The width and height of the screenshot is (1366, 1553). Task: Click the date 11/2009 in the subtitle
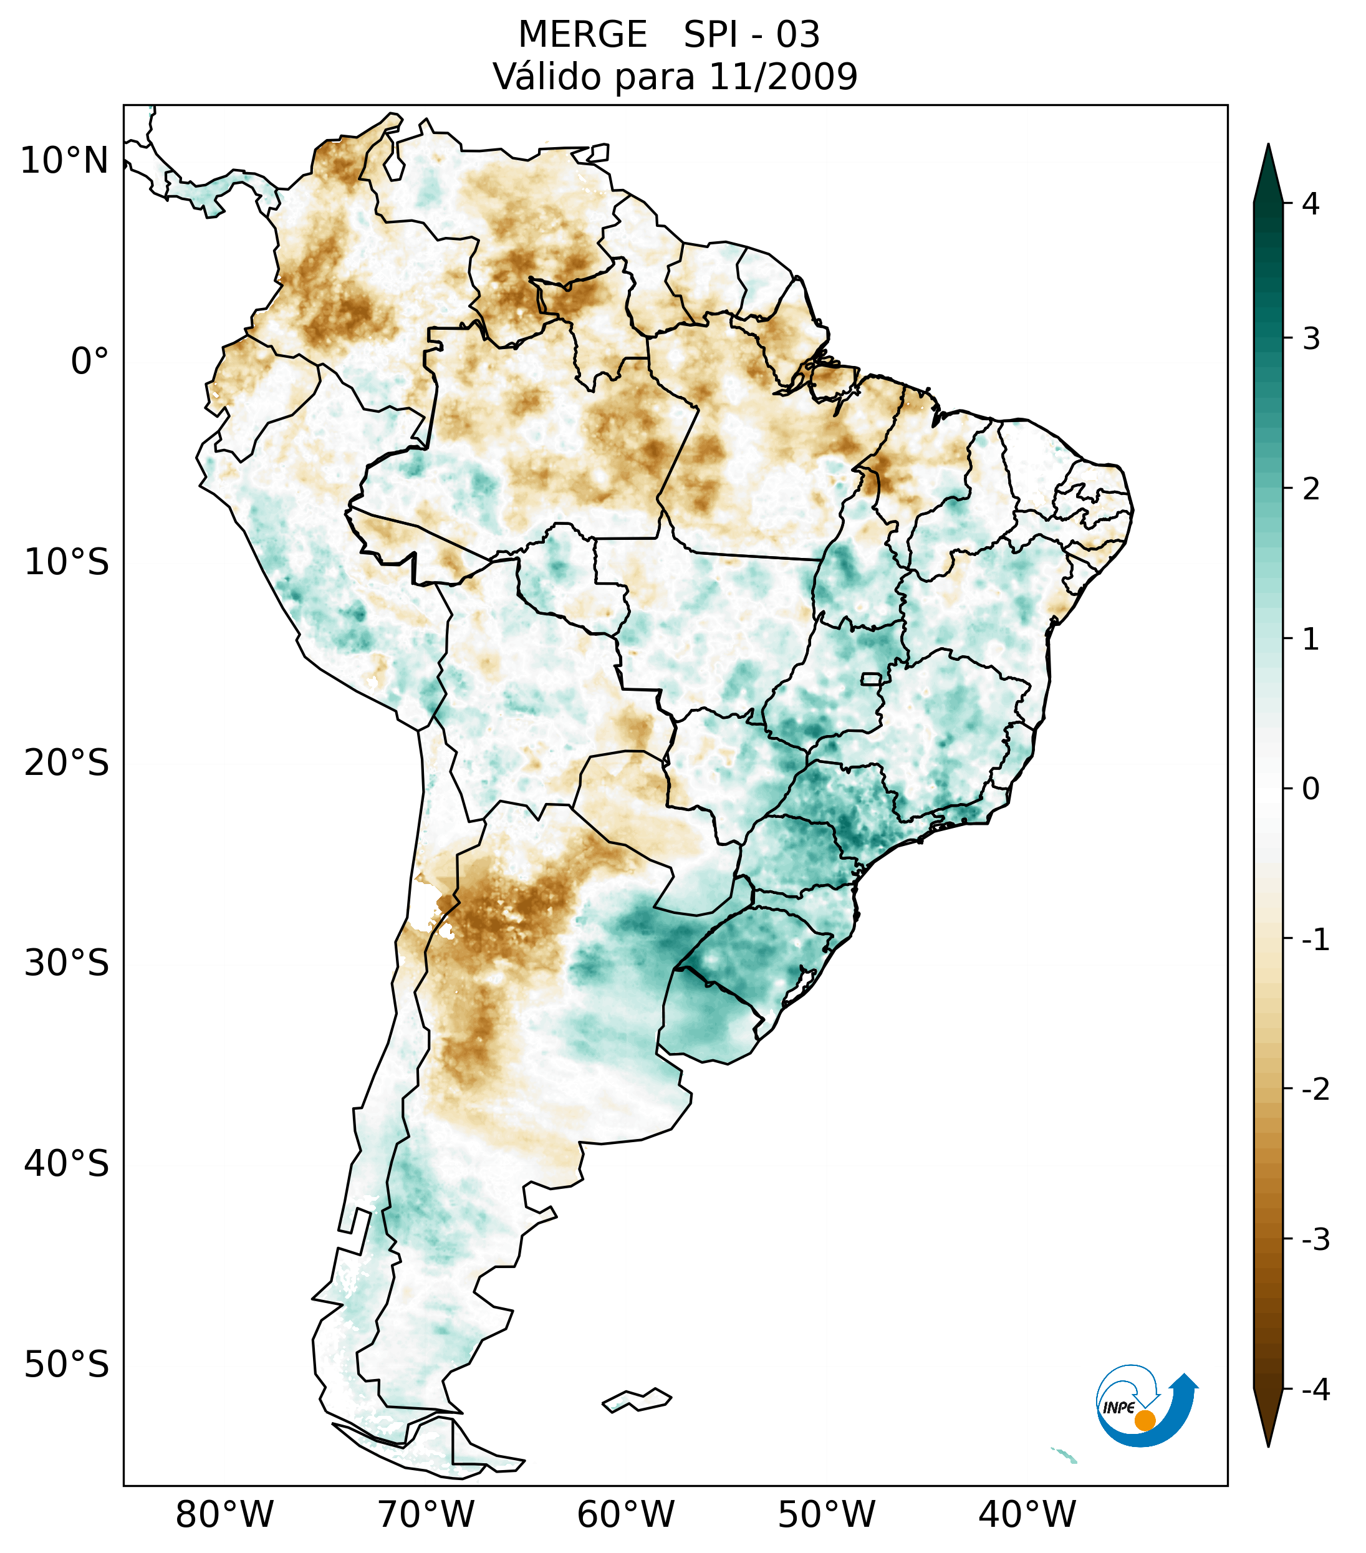[782, 77]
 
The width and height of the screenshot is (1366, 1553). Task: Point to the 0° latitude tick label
[89, 362]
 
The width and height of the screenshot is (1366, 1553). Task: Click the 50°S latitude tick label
[67, 1365]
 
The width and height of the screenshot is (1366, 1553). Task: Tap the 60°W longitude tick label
[625, 1514]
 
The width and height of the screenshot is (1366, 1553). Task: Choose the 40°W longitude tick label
[1027, 1514]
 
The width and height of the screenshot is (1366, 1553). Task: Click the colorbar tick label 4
[1311, 204]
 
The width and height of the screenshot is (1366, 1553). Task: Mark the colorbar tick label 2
[1311, 489]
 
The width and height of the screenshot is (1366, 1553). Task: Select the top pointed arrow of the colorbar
[1267, 171]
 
